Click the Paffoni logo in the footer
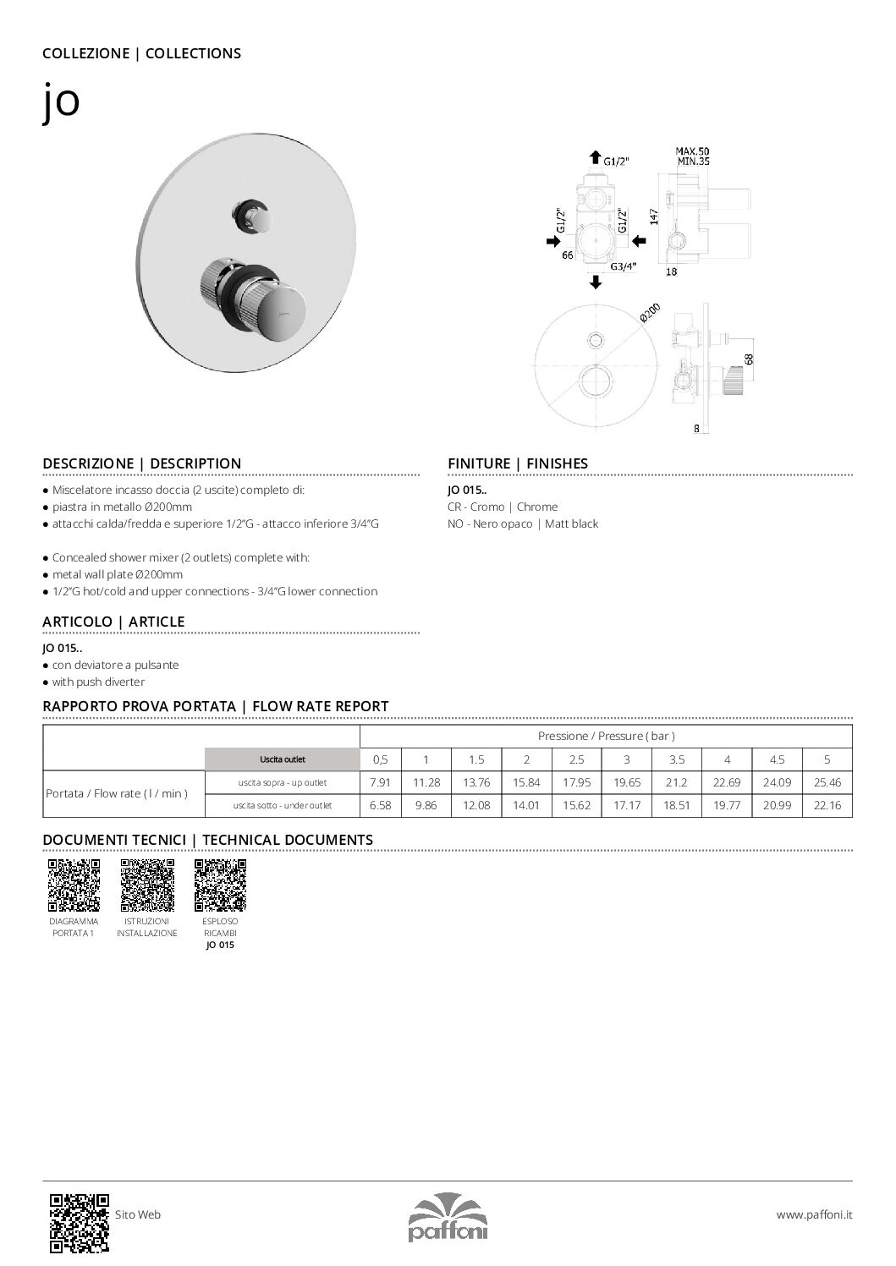[448, 1217]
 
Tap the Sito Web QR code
[80, 1222]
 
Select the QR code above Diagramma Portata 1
[73, 885]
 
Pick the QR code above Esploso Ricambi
[220, 885]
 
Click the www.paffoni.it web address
[814, 1214]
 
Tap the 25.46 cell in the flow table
[827, 783]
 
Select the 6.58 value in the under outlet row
[381, 806]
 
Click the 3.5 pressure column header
[676, 759]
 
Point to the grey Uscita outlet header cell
[282, 759]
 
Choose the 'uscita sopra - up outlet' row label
[282, 783]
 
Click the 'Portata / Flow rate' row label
[117, 794]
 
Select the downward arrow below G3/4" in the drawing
[596, 282]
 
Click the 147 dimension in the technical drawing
[654, 216]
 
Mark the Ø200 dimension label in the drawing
[650, 312]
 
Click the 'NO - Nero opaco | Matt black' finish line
[522, 524]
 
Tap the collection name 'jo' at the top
[61, 102]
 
